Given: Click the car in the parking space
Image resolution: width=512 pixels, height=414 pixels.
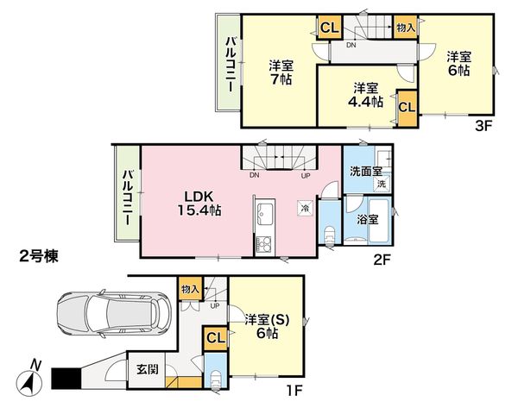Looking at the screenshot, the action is [113, 314].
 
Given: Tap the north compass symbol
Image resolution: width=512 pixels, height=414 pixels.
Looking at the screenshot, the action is [29, 380].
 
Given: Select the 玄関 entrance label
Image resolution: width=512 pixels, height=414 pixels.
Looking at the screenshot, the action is [148, 369].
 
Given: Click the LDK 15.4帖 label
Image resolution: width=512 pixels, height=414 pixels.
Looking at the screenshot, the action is [199, 204].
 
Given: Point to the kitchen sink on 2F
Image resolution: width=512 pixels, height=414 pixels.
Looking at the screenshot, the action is [265, 214].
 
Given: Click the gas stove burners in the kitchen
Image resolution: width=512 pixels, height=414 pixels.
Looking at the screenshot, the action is [264, 244].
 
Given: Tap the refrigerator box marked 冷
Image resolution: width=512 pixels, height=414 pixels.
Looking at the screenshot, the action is [305, 208].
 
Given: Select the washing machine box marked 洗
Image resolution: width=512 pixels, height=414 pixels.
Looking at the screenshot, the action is [382, 184].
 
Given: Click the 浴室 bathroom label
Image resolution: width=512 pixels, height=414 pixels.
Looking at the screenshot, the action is [367, 220].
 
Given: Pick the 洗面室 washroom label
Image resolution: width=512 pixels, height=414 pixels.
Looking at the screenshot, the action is [366, 171].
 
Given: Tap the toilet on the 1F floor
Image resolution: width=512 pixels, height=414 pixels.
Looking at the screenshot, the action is [217, 380].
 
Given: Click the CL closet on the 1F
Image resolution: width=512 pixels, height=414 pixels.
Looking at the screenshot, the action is [215, 338].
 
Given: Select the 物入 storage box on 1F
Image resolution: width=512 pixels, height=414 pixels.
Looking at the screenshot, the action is [190, 289].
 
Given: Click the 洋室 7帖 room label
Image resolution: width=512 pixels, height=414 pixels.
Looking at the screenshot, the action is [281, 72].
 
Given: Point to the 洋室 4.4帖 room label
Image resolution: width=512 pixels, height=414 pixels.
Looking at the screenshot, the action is [366, 95].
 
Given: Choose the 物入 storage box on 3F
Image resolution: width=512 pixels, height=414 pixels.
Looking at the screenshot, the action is [406, 28].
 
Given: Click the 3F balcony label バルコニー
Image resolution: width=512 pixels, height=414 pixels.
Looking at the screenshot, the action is [231, 65].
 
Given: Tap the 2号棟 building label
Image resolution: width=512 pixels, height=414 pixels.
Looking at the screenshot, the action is [39, 256].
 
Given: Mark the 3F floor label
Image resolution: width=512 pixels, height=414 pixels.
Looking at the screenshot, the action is [484, 126].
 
